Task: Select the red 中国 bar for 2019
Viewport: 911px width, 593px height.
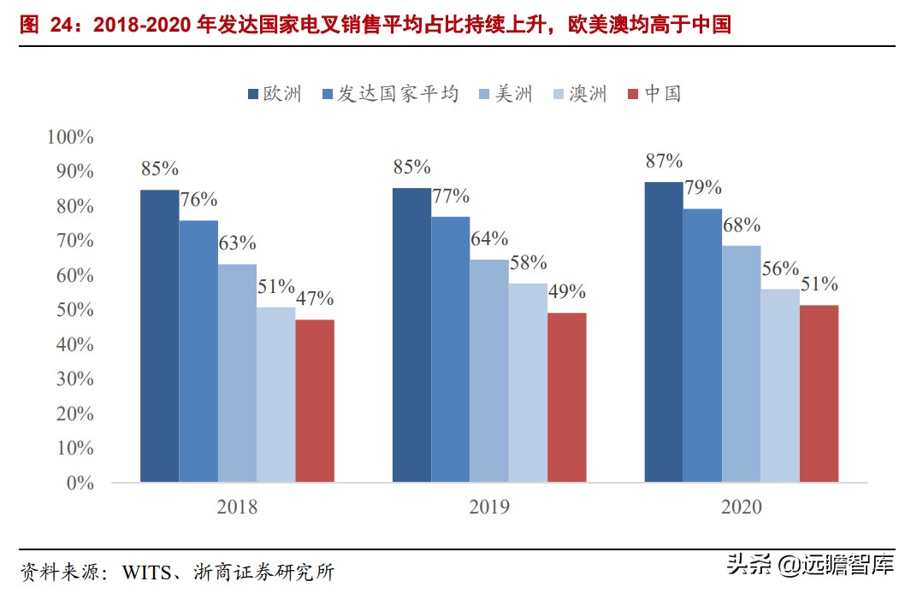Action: (x=566, y=397)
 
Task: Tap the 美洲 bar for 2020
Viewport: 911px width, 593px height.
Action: (x=741, y=364)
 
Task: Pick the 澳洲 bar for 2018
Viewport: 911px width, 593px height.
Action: (x=276, y=395)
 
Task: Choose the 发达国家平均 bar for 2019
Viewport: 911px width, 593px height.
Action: (x=451, y=349)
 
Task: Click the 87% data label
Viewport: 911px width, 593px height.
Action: (x=664, y=161)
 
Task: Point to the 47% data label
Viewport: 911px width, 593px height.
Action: (x=315, y=299)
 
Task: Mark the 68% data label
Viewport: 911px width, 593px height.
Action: (x=741, y=226)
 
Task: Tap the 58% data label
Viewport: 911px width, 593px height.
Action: (x=528, y=263)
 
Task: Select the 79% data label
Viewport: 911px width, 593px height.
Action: (x=702, y=188)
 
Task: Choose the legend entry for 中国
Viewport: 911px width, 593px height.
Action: (x=654, y=94)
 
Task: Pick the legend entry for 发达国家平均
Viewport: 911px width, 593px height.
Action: (x=389, y=94)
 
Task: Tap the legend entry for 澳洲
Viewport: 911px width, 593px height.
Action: (x=580, y=94)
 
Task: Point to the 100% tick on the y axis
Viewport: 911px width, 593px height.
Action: (x=70, y=137)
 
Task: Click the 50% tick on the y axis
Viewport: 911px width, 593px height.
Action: (x=74, y=310)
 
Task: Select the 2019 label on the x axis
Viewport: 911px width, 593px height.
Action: (x=489, y=508)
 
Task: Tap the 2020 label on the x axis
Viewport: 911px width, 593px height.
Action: (x=741, y=508)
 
